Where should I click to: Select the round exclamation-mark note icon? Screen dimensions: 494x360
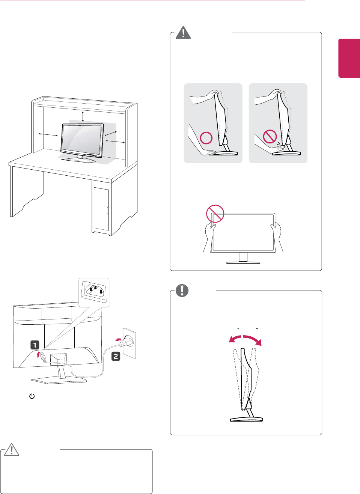pos(182,290)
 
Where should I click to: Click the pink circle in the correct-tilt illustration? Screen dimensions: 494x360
pos(206,138)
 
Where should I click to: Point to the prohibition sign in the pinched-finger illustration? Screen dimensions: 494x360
pos(270,137)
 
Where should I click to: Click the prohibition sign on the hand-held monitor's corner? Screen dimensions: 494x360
pos(215,214)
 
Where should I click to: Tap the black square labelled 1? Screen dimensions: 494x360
pos(35,345)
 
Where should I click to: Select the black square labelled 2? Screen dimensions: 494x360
pos(116,356)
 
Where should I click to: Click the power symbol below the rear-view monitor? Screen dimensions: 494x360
pos(32,396)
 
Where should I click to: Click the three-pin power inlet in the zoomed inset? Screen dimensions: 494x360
pos(95,290)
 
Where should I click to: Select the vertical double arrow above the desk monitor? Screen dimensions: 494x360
pos(83,116)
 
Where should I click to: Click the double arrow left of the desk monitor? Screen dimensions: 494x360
pos(48,134)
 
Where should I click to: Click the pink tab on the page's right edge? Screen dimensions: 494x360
pos(349,58)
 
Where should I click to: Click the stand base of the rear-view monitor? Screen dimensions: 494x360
pos(59,381)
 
